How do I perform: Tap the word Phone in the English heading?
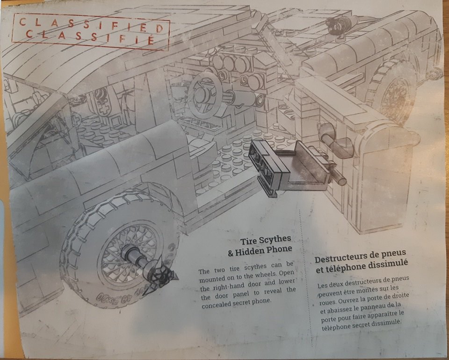pos(279,250)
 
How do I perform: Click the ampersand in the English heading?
pos(231,253)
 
